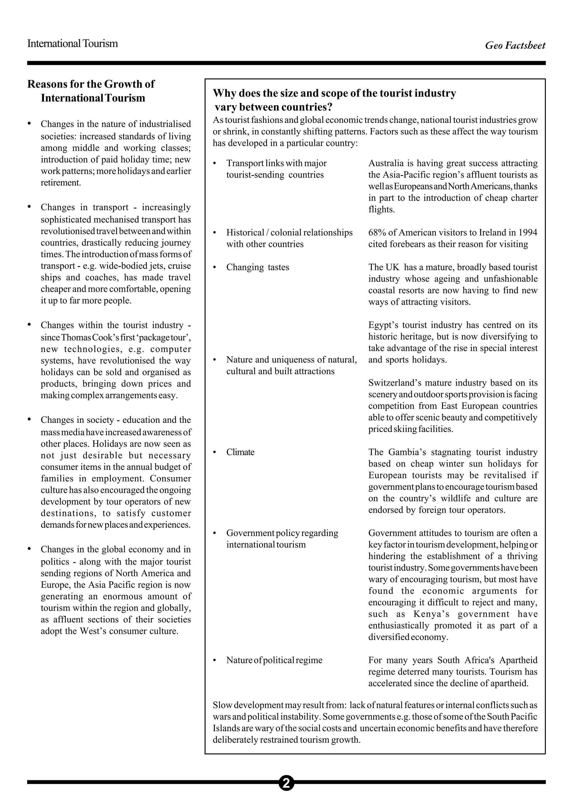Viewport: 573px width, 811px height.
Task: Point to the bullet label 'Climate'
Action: coord(240,452)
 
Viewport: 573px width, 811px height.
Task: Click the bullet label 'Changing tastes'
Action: coord(257,267)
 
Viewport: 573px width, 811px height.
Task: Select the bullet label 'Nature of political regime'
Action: coord(274,660)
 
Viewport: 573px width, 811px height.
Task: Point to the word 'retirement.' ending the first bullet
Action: coord(61,183)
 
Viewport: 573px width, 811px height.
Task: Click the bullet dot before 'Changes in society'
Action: coord(30,419)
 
